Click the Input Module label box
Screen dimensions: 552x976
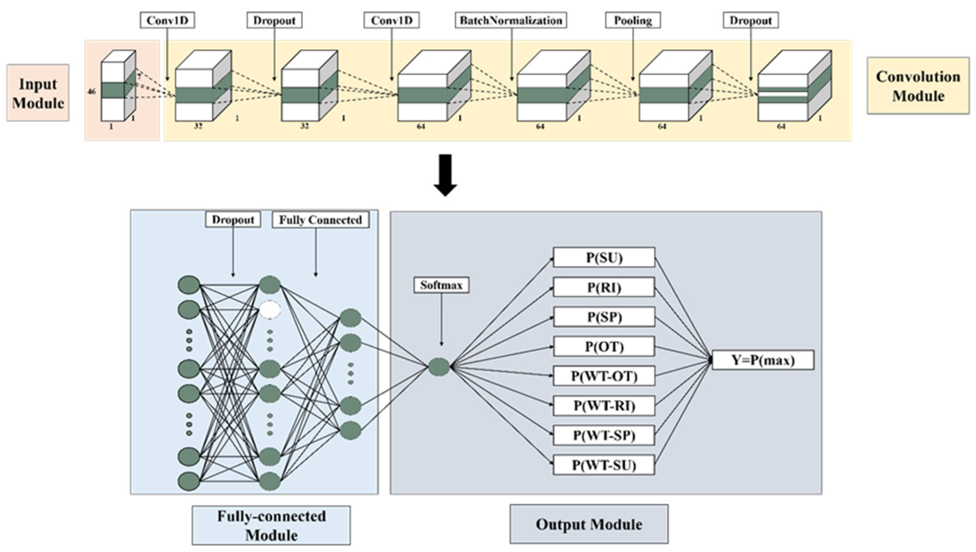pyautogui.click(x=38, y=93)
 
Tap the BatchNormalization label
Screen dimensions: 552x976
pyautogui.click(x=511, y=20)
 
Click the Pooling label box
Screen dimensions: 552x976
pyautogui.click(x=633, y=20)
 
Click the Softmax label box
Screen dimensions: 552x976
pyautogui.click(x=441, y=285)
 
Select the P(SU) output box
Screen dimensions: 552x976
pyautogui.click(x=604, y=258)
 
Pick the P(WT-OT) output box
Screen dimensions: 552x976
pyautogui.click(x=604, y=376)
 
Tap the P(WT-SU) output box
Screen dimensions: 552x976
pyautogui.click(x=604, y=465)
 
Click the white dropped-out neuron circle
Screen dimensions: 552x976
pyautogui.click(x=270, y=310)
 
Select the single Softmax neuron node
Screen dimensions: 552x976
pyautogui.click(x=439, y=367)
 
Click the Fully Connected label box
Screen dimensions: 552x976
pyautogui.click(x=321, y=220)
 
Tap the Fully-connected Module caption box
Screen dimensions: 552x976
pyautogui.click(x=271, y=526)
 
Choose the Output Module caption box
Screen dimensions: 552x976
pyautogui.click(x=589, y=524)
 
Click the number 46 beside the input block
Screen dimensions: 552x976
pyautogui.click(x=91, y=91)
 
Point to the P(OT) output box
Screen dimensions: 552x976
pyautogui.click(x=604, y=346)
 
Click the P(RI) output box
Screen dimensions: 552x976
pyautogui.click(x=604, y=287)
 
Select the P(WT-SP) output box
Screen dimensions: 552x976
pyautogui.click(x=604, y=436)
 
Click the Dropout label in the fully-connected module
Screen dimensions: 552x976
pyautogui.click(x=233, y=220)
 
